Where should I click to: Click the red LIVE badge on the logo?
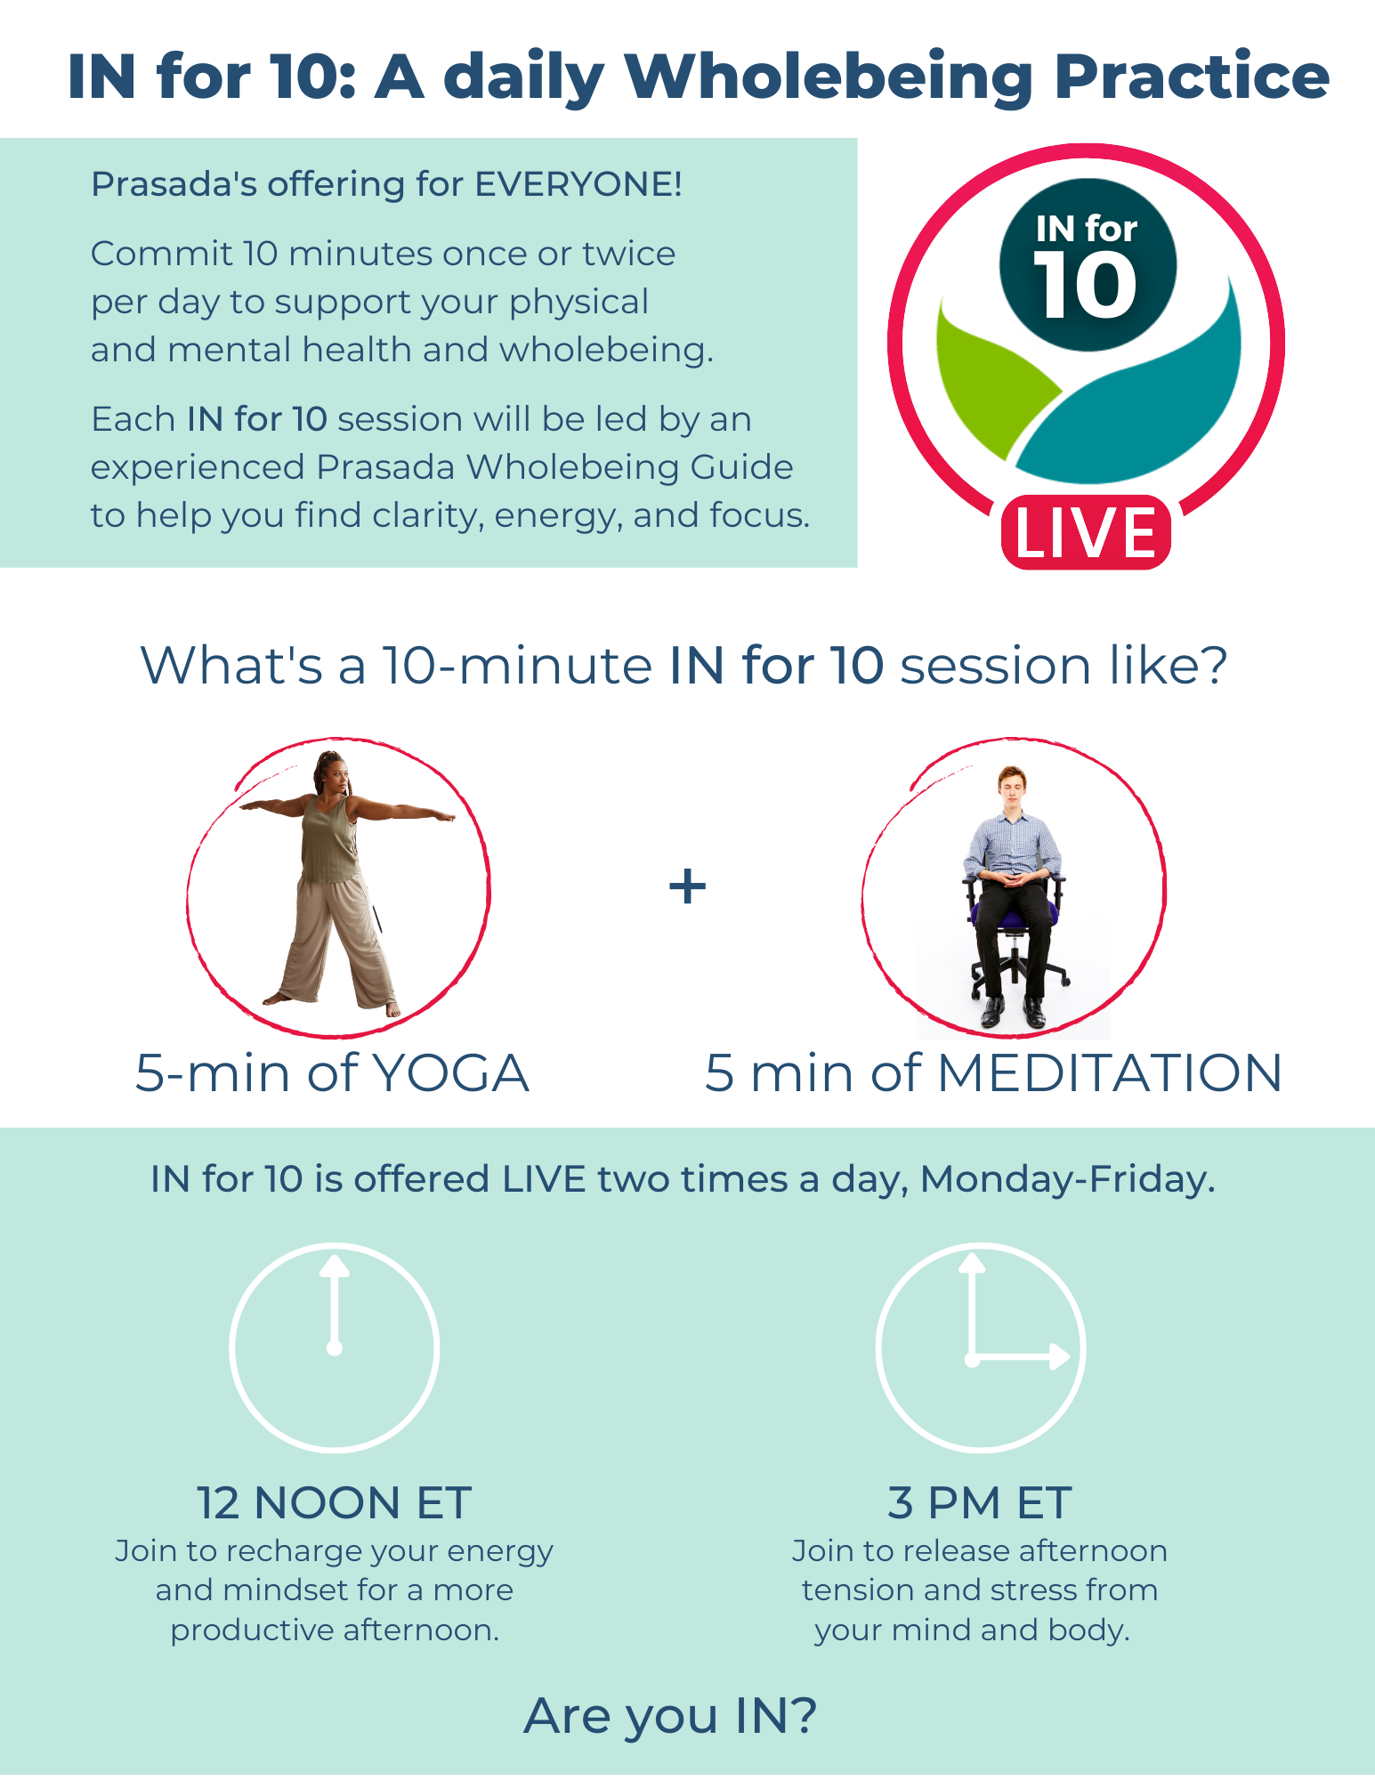(x=1086, y=532)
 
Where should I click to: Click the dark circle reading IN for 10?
(x=1088, y=265)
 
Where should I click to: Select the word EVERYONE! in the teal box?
(x=578, y=184)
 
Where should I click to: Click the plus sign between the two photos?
(x=687, y=886)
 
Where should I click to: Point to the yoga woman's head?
(x=331, y=773)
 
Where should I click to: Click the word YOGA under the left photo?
(x=450, y=1072)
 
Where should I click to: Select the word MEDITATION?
(x=1110, y=1072)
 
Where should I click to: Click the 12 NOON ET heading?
(x=334, y=1503)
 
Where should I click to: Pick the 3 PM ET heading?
(x=980, y=1503)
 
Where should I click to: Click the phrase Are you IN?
(x=670, y=1717)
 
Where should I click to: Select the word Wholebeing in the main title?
(x=829, y=77)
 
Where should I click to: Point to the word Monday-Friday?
(x=1068, y=1180)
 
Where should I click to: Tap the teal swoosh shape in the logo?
(x=1130, y=392)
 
